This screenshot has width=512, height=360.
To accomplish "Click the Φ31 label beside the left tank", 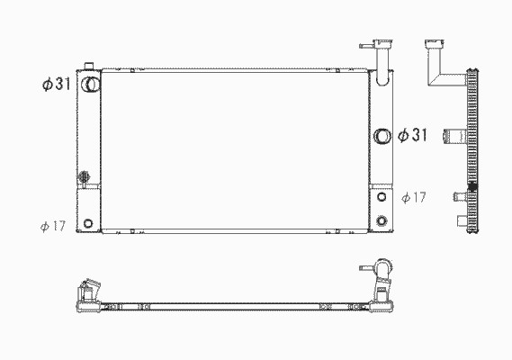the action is [x=56, y=85].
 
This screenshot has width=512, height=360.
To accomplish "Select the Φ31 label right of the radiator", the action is [x=412, y=135].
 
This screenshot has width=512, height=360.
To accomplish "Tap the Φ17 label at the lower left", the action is [x=53, y=226].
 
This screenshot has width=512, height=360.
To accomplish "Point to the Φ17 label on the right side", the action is [x=414, y=197].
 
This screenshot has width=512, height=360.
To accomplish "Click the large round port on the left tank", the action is [x=90, y=85].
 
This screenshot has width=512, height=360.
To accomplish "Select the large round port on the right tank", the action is [x=382, y=136].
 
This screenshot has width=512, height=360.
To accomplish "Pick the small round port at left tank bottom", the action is [x=88, y=223].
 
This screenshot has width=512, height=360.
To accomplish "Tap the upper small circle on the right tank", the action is [x=382, y=197].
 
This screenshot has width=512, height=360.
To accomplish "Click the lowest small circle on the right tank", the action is [x=382, y=220].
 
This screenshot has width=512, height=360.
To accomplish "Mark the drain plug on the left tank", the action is [x=84, y=177].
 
